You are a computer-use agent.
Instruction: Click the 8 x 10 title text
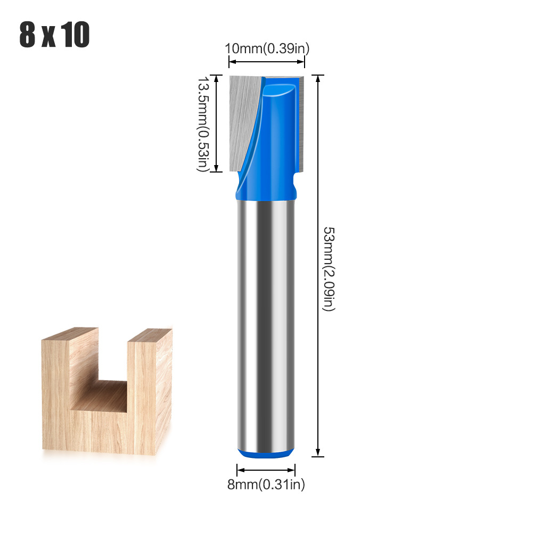54,35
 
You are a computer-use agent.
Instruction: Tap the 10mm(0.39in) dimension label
267,48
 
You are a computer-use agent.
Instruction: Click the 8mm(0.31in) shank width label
265,485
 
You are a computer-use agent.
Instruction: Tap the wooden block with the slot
106,391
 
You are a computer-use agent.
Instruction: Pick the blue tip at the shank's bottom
265,453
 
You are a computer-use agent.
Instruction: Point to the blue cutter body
277,133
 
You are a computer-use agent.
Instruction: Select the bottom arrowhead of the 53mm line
318,453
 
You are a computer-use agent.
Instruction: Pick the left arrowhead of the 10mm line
232,62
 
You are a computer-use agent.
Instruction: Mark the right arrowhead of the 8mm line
292,470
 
